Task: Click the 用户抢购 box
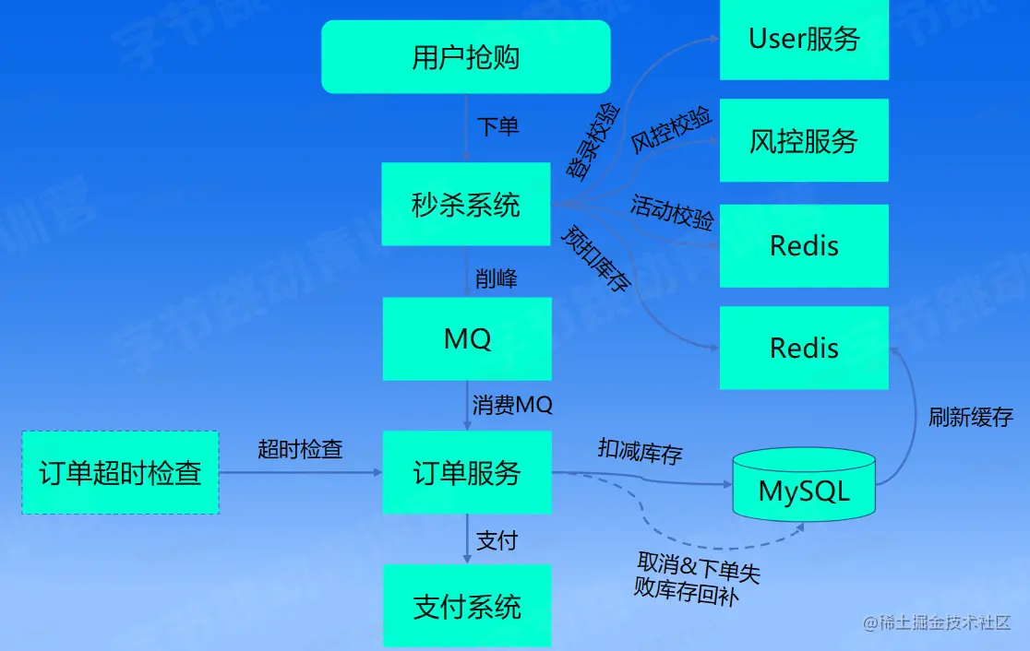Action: [466, 57]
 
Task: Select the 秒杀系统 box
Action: [466, 204]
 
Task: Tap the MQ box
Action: [467, 338]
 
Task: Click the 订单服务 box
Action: [467, 472]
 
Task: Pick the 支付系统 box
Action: [467, 606]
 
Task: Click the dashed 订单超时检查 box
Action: [120, 472]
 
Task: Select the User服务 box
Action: [804, 39]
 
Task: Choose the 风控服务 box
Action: [804, 140]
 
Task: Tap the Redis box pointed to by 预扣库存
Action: [804, 348]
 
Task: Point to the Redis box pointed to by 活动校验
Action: [804, 246]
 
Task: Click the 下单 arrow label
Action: [497, 126]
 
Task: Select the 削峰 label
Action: [497, 278]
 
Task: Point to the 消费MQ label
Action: [512, 405]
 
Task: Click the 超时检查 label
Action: [300, 449]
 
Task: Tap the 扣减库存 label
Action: [640, 451]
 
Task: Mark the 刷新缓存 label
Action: [970, 417]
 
